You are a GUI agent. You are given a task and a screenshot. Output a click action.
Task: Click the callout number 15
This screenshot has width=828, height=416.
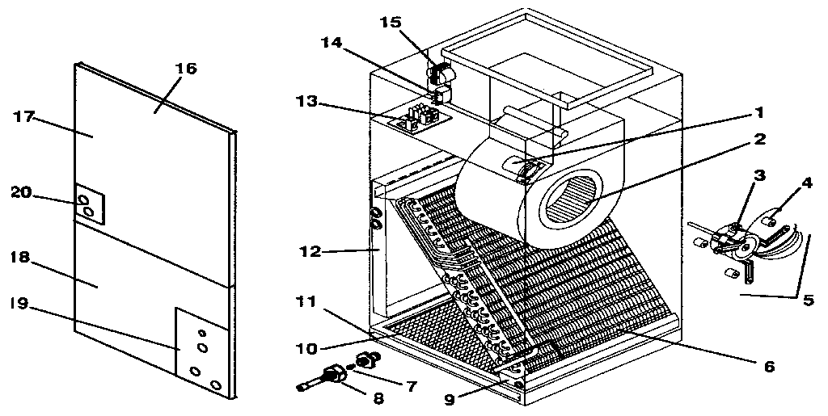[x=391, y=22]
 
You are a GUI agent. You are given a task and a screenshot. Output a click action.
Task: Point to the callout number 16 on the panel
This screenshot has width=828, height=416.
[x=186, y=69]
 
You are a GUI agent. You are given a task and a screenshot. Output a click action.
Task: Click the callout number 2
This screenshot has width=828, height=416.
[x=758, y=139]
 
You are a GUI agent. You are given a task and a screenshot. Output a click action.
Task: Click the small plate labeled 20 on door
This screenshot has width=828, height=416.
[x=86, y=201]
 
